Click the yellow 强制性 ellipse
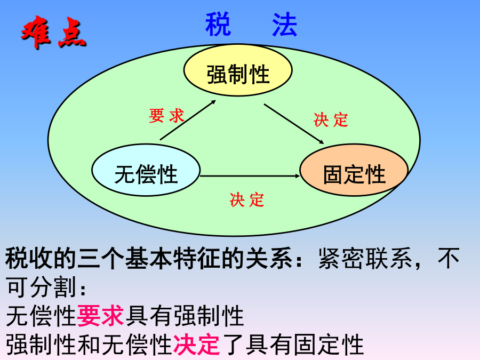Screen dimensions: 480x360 point(238,70)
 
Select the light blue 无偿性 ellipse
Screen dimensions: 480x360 point(146,170)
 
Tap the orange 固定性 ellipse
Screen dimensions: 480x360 point(354,170)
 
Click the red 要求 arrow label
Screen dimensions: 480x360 point(166,116)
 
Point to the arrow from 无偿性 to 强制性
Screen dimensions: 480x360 point(188,120)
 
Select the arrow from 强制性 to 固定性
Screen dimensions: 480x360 point(294,124)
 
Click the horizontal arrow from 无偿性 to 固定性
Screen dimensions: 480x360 point(250,175)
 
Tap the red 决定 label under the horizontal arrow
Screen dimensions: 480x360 point(247,200)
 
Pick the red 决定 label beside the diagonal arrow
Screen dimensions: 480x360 point(331,119)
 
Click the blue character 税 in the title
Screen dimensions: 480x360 point(218,24)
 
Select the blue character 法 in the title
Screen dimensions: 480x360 point(285,24)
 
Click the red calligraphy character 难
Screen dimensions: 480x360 point(36,31)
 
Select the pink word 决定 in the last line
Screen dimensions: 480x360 point(196,344)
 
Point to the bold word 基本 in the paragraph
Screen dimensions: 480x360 point(149,259)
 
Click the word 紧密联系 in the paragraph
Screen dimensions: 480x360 point(365,259)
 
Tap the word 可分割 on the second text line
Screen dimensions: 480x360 point(41,287)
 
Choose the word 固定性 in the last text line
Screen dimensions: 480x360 point(329,345)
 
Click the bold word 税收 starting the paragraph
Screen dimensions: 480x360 point(29,259)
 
